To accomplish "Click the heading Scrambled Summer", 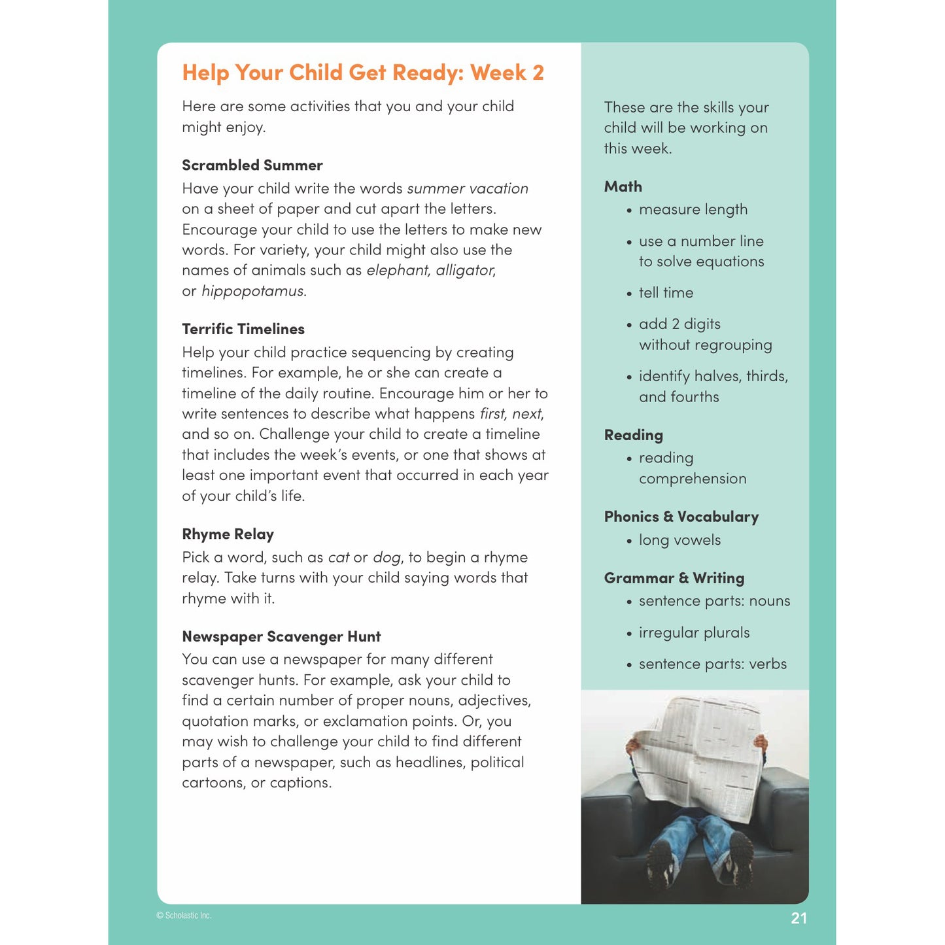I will (x=252, y=165).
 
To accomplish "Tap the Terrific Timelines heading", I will (x=243, y=329).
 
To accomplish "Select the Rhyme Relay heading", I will (x=228, y=534).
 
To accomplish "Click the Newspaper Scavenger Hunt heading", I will (x=281, y=636).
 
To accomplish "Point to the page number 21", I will (x=799, y=918).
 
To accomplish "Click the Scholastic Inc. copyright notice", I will (x=184, y=916).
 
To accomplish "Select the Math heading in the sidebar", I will (x=623, y=186).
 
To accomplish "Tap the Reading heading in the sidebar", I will (x=633, y=435).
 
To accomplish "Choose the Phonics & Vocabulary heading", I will (x=681, y=517).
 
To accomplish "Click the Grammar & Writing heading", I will (x=674, y=578).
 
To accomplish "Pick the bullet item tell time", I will (x=666, y=293).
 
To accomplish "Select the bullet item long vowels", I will (x=679, y=540).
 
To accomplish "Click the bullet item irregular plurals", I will (x=694, y=633).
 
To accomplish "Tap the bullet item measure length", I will (x=693, y=210).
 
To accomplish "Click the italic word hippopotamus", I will (x=252, y=291).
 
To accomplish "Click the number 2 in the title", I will (x=538, y=73).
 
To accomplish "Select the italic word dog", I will (x=386, y=558).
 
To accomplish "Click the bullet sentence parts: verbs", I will (x=712, y=664).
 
